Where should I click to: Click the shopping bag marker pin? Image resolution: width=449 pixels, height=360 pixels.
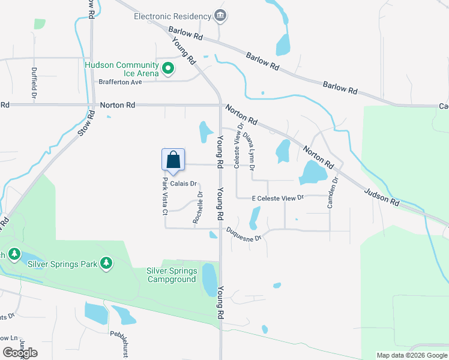(173, 160)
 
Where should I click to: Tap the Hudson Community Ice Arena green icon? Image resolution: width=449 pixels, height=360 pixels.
(169, 69)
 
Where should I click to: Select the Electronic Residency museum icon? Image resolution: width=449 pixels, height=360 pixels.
(220, 16)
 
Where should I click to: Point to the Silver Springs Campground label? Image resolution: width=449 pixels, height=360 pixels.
(171, 275)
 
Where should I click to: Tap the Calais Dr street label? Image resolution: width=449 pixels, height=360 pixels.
(184, 184)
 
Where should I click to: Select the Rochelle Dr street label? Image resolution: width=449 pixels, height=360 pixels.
(198, 208)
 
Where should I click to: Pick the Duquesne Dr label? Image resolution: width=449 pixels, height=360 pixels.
(244, 234)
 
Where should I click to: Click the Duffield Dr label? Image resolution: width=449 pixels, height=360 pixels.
(34, 82)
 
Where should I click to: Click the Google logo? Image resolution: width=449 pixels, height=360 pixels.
(20, 353)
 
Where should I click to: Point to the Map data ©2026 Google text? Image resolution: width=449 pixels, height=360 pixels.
(411, 355)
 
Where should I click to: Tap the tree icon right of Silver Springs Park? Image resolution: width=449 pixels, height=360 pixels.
(106, 263)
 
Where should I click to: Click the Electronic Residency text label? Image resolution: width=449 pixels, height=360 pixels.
(173, 16)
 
